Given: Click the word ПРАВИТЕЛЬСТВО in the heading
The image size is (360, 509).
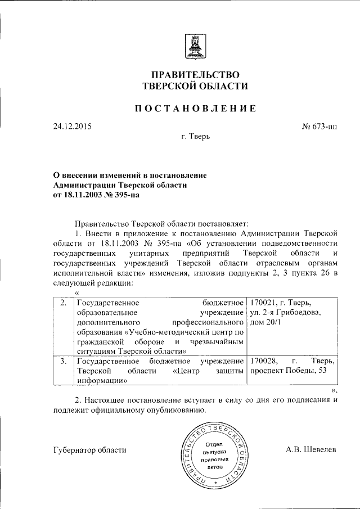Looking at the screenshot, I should pos(195,75).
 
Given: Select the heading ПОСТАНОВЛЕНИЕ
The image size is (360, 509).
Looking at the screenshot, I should pos(195,109).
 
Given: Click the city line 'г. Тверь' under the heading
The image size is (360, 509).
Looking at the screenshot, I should pos(195,137).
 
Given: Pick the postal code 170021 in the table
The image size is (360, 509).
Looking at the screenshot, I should pos(263,303).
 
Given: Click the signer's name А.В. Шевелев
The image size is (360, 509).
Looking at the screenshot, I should pos(312,449).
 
